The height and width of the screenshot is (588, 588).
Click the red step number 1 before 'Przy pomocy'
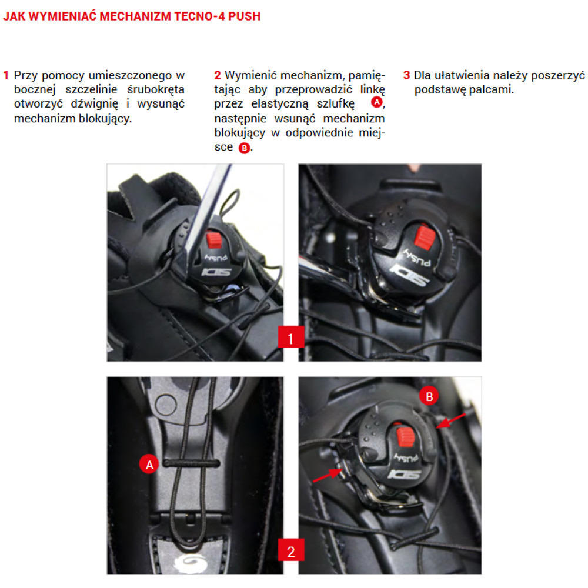(6, 75)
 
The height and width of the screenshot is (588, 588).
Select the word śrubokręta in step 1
(156, 90)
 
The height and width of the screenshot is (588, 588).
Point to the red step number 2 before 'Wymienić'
(218, 75)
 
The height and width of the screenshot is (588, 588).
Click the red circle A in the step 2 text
(376, 102)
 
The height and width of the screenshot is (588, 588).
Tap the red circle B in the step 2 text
(244, 148)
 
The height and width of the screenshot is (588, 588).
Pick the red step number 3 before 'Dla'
(406, 75)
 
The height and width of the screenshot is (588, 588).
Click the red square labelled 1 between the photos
(290, 337)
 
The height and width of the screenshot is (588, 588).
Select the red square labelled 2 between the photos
(290, 550)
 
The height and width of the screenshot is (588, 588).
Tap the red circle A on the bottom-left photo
(149, 465)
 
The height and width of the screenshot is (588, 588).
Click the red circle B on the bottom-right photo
(429, 396)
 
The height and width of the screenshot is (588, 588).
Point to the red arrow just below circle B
(451, 421)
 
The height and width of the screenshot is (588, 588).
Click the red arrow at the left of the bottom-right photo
(327, 476)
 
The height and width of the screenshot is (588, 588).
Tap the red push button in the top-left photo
(214, 240)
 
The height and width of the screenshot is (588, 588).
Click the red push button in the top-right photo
(425, 238)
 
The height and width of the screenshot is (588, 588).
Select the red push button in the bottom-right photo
(405, 437)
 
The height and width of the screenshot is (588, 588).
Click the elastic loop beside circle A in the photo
(191, 464)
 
